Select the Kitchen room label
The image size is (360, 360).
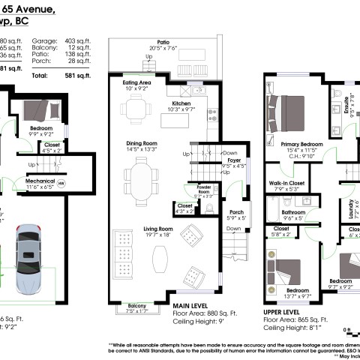click(184, 105)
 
